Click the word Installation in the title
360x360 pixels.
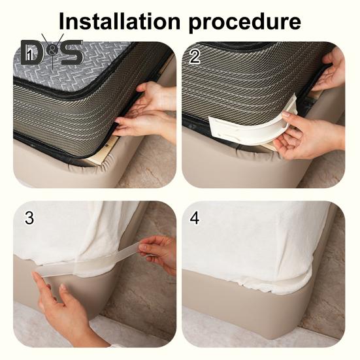coord(120,21)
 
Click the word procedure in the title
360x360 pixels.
coord(245,23)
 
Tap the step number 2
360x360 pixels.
coord(195,56)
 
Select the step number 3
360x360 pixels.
coord(29,218)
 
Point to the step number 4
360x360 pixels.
coord(195,218)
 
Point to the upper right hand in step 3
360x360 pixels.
coord(158,254)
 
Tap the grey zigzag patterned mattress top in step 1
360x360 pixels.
coord(69,69)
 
